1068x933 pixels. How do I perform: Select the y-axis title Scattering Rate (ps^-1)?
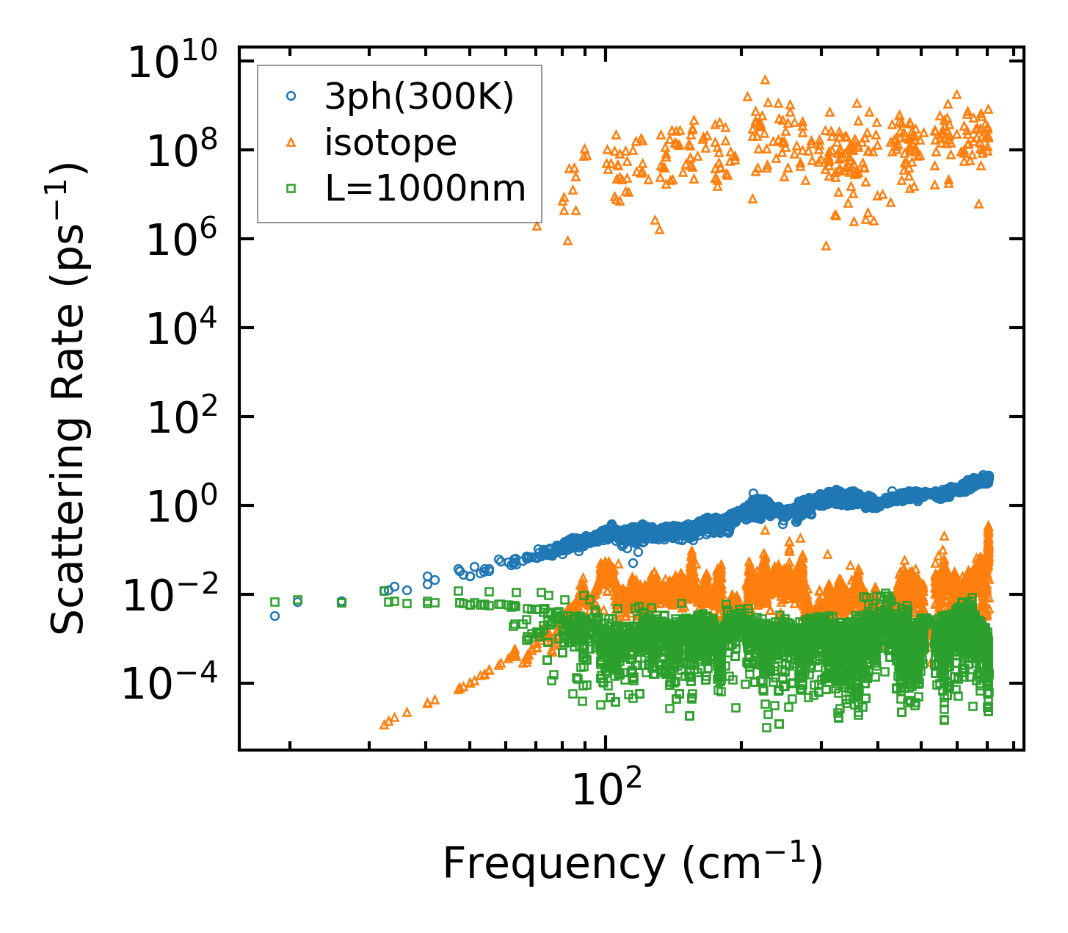(68, 398)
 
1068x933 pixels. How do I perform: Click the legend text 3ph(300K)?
(419, 96)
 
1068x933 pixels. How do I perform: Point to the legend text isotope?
(390, 143)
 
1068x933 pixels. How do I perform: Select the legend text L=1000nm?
(425, 189)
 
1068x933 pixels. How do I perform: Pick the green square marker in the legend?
(291, 189)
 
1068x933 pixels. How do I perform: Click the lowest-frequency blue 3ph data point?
(275, 616)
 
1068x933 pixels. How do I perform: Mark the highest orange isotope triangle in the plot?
(765, 79)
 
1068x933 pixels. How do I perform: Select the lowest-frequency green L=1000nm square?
(275, 602)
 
